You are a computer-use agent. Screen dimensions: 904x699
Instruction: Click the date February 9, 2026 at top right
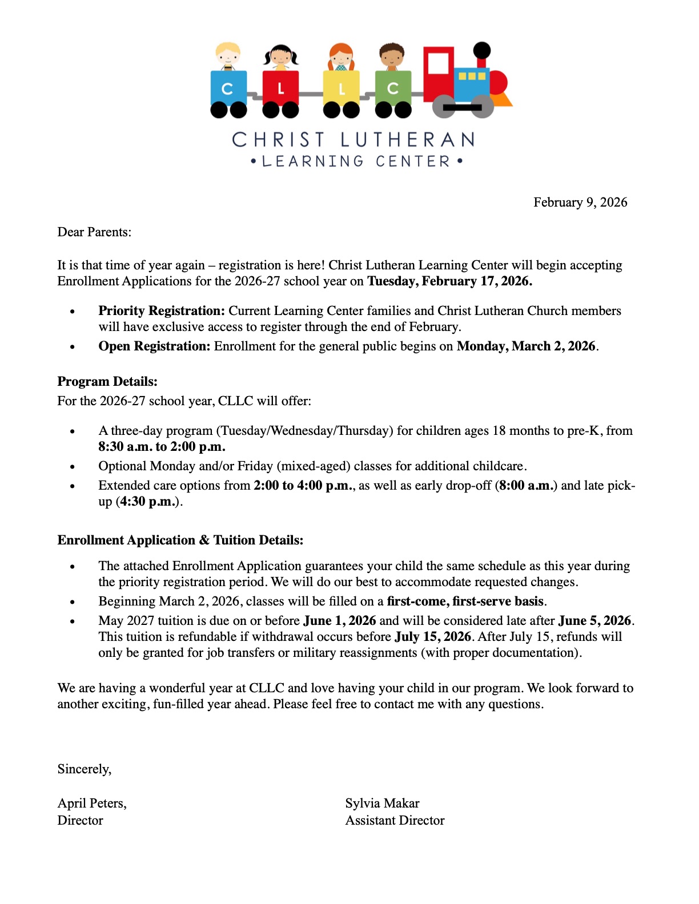tap(580, 203)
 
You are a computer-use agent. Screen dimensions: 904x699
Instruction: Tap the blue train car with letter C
tap(228, 88)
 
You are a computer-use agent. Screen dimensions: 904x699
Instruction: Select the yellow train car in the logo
tap(342, 88)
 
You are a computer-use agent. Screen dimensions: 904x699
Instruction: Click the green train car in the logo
tap(393, 88)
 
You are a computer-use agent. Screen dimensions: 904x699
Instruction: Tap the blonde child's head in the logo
tap(228, 55)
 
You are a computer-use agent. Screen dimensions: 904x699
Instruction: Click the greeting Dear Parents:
tap(94, 232)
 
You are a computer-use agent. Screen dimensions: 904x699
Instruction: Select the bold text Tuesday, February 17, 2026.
tap(449, 281)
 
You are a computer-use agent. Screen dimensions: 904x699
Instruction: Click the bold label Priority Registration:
tap(162, 311)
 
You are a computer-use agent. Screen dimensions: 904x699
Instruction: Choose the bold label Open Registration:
tap(154, 346)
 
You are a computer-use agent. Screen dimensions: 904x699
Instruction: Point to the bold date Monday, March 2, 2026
tap(526, 346)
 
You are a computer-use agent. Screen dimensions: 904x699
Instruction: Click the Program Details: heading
tap(107, 382)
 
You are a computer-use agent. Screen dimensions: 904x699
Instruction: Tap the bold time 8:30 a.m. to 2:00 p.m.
tap(162, 447)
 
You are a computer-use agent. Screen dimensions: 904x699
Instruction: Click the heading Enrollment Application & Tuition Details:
tap(180, 540)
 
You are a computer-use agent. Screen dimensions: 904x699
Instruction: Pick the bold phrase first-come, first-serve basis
tap(465, 602)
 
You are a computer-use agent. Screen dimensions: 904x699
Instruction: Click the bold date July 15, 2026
tap(433, 637)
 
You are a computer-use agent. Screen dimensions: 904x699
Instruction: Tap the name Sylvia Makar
tap(382, 804)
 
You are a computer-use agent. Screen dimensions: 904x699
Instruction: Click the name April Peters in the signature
tap(91, 804)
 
